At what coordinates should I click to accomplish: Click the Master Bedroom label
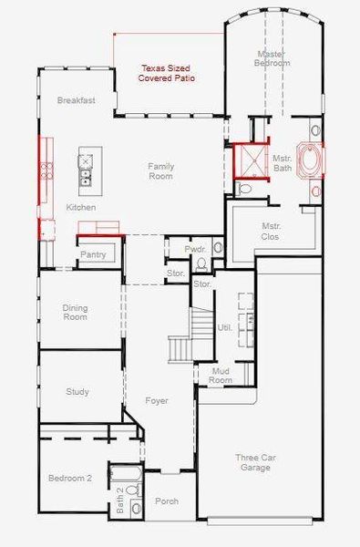tap(272, 58)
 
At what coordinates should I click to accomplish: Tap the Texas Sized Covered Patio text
tap(168, 74)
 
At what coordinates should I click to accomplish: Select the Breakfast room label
tap(76, 100)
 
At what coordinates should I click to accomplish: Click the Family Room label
tap(160, 170)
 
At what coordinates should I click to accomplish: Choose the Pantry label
tap(93, 255)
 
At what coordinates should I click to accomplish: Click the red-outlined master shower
tap(249, 162)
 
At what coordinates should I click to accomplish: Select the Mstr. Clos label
tap(271, 232)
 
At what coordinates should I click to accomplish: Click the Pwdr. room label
tap(194, 249)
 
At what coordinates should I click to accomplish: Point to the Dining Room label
tap(75, 313)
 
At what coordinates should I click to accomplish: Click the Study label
tap(77, 392)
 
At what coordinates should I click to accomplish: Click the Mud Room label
tap(220, 376)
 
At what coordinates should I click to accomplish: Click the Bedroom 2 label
tap(69, 478)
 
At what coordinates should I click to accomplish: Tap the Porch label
tap(167, 501)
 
